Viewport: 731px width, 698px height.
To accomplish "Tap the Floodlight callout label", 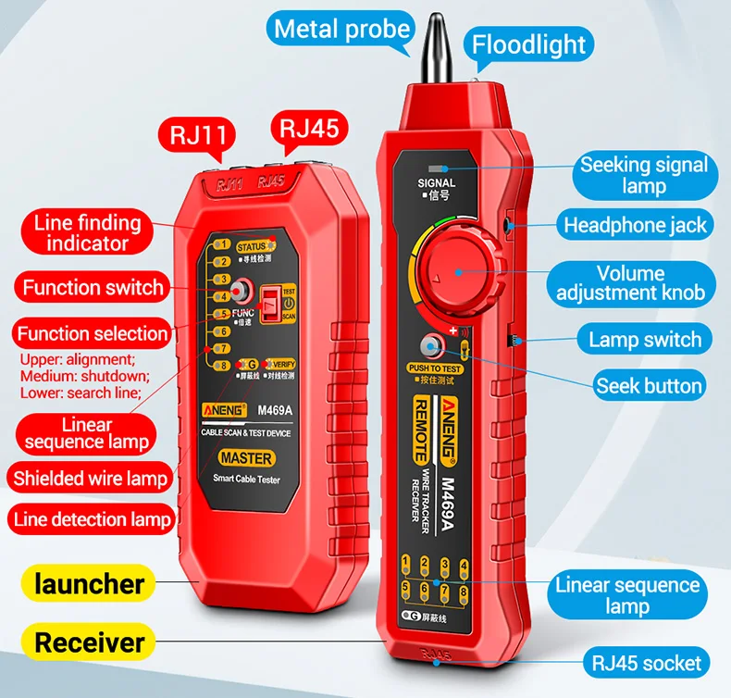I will [x=529, y=44].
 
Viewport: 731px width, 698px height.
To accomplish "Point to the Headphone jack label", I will [x=635, y=224].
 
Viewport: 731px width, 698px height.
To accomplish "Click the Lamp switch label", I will [x=645, y=339].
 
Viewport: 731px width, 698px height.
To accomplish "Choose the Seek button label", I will [x=649, y=385].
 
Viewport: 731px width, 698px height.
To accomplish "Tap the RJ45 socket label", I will [x=646, y=663].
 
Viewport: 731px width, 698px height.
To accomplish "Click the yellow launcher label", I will [x=90, y=584].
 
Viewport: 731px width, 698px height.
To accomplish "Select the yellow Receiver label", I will [x=90, y=642].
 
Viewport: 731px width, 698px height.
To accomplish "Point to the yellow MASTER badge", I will [x=246, y=458].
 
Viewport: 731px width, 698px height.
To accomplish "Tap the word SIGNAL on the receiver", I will [x=436, y=184].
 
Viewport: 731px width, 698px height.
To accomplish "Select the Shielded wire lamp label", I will [x=91, y=479].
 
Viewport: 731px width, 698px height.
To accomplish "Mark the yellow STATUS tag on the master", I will [x=251, y=247].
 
